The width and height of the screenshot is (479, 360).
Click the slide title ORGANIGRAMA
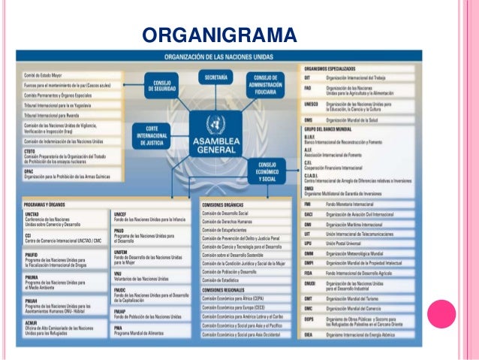(219, 35)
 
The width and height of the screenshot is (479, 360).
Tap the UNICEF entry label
(120, 213)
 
